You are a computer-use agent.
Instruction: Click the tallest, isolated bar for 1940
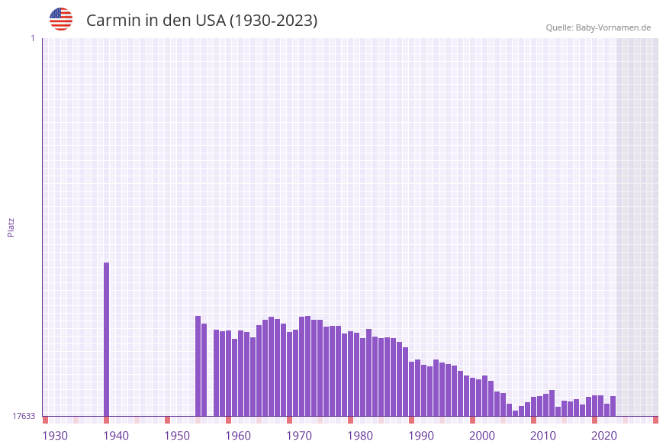106,339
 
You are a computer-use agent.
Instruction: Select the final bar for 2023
613,406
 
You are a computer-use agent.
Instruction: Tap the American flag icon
61,19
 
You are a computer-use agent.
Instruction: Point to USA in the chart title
211,21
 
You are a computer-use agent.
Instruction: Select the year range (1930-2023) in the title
274,21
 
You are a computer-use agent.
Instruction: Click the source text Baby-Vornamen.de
613,27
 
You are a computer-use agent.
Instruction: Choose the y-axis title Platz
11,227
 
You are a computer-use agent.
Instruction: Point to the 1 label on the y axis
32,38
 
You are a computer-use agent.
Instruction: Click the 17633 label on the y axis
24,416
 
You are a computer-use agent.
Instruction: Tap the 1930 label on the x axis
55,436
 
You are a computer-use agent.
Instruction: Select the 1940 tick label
116,436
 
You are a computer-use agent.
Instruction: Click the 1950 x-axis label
177,436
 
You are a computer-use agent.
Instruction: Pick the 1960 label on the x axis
238,436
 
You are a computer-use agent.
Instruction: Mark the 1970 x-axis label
299,436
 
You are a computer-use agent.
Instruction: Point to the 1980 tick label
360,436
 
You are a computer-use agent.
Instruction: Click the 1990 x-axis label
421,436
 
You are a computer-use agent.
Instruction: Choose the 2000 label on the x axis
482,436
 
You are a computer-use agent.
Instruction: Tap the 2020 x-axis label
604,436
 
